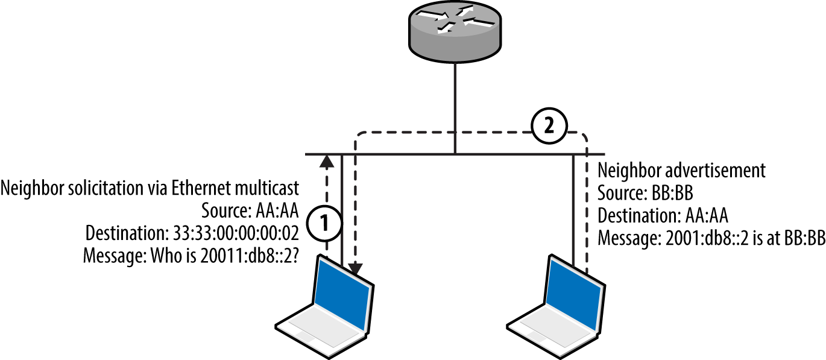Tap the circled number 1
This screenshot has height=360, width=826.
(324, 223)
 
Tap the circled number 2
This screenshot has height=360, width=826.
(548, 126)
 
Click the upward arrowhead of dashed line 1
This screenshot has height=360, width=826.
(326, 160)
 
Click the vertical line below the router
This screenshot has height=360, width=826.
(455, 109)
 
